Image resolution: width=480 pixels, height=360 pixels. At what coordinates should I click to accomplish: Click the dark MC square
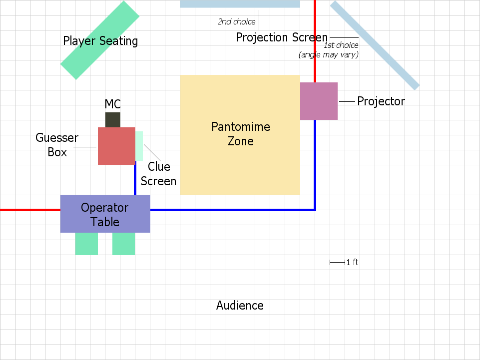coord(113,120)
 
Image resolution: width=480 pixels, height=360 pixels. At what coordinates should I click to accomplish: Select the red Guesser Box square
coord(116,146)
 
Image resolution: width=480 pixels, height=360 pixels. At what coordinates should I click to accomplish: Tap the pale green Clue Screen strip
coord(139,146)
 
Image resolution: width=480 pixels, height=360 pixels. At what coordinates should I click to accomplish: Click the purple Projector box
coord(319,101)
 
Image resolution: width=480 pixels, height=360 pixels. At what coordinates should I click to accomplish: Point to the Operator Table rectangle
coord(105,214)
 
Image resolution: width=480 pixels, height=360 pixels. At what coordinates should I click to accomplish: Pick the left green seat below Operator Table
coord(86,244)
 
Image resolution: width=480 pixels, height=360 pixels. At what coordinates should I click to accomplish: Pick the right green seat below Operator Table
coord(123,244)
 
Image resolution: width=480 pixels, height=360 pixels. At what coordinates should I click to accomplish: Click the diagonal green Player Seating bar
coord(100,40)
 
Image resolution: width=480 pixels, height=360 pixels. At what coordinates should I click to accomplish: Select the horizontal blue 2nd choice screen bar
coord(240,3)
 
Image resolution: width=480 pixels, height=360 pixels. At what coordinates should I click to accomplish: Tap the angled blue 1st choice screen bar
coord(375,45)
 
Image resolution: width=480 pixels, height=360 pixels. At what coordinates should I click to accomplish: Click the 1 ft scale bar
coord(337,262)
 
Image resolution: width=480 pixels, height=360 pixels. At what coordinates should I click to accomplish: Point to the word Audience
coord(240,306)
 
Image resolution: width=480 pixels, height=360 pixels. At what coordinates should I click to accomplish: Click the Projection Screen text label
coord(282,37)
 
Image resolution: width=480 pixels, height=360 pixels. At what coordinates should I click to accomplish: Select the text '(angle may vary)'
coord(328,55)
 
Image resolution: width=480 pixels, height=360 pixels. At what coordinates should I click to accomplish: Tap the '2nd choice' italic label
coord(236,22)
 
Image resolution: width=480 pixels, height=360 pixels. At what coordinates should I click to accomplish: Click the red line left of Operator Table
coord(30,210)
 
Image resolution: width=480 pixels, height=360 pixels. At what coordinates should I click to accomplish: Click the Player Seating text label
coord(100,41)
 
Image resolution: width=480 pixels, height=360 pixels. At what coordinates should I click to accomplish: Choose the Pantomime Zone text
coord(240,134)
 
